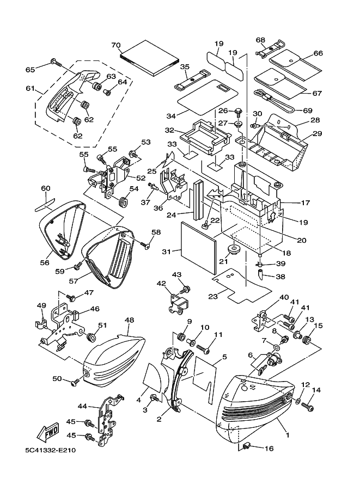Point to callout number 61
pos(29,89)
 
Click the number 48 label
pos(129,321)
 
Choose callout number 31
pos(167,251)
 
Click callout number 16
pos(269,449)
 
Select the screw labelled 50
pos(76,383)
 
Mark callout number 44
pos(82,406)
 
